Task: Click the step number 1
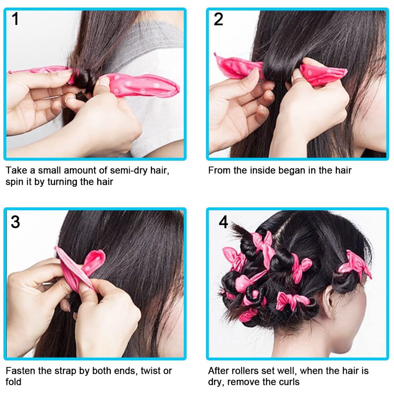(15, 19)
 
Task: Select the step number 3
(15, 222)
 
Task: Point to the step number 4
(223, 222)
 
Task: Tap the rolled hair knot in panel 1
(82, 79)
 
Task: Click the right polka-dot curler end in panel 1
(141, 85)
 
